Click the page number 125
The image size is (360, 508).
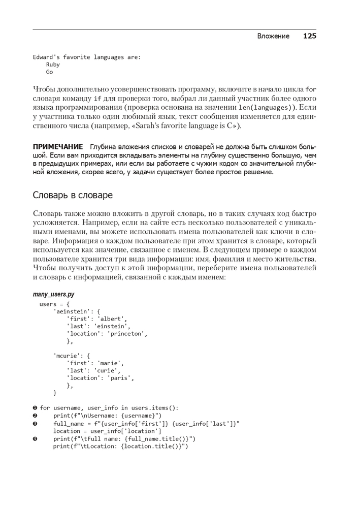coord(310,36)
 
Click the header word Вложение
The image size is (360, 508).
coord(273,36)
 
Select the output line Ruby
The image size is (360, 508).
coord(53,65)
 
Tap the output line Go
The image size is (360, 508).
coord(49,72)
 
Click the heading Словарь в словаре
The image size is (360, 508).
coord(73,195)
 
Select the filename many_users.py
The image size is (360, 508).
coord(54,294)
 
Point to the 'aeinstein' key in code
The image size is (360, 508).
coord(71,311)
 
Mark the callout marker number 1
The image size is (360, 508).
coord(35,408)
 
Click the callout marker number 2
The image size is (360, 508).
coord(35,416)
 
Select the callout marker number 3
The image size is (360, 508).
coord(35,423)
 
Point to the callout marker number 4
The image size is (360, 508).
coord(35,439)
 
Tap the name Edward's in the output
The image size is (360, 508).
coord(46,57)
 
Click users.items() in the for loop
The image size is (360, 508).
coord(152,408)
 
